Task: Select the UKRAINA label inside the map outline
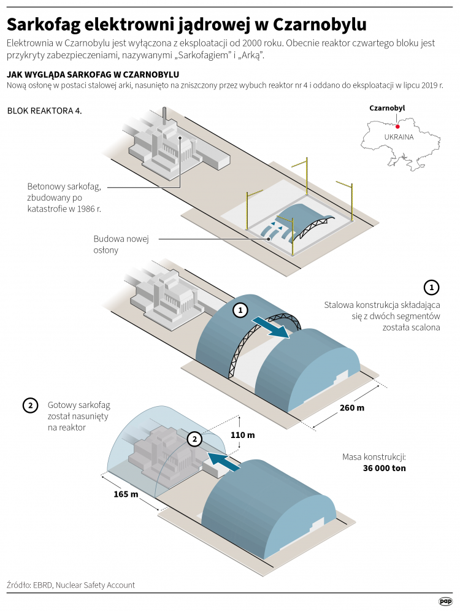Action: point(398,137)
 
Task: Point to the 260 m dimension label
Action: point(351,408)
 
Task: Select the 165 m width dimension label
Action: point(126,494)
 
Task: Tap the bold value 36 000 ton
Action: point(384,468)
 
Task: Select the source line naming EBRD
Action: point(71,585)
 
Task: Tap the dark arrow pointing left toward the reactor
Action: point(222,460)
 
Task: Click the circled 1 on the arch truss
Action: point(240,311)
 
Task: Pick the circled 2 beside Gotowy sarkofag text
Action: point(29,405)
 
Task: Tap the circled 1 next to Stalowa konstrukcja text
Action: point(432,287)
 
